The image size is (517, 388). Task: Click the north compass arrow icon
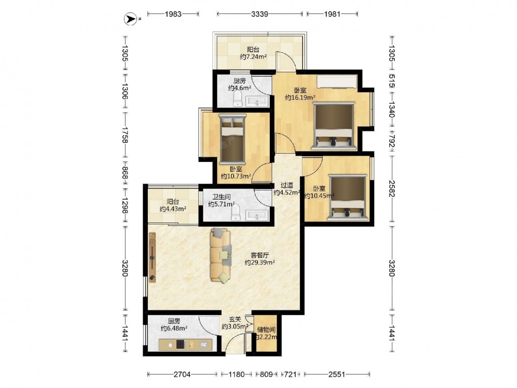(x=130, y=19)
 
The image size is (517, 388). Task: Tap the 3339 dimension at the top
(x=260, y=14)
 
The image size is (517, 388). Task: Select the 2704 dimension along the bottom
(x=182, y=374)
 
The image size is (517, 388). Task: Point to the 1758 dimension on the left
(x=125, y=135)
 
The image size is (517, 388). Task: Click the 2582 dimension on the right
(x=391, y=188)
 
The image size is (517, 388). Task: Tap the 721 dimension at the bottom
(x=290, y=374)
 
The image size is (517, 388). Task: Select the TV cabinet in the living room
(x=152, y=257)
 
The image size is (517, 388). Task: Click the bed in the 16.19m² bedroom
(x=333, y=125)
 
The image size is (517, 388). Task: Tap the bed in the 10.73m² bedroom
(x=233, y=139)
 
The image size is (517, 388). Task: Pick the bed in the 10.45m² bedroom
(x=348, y=198)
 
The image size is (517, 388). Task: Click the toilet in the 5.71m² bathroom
(x=236, y=212)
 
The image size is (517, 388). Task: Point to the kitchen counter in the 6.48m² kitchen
(x=185, y=344)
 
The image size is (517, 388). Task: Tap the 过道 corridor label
(x=286, y=185)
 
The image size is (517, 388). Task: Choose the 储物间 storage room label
(x=266, y=330)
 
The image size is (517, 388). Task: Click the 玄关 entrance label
(x=235, y=319)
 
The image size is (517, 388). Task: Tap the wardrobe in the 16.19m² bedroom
(x=337, y=82)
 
